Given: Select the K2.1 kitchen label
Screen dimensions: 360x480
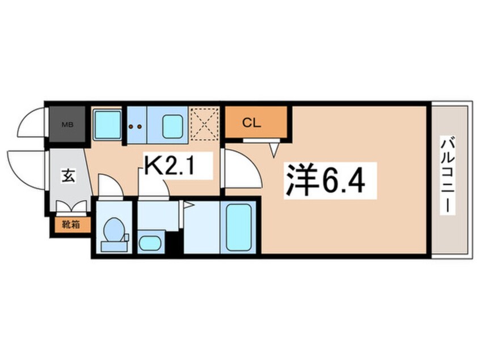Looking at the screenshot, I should click(x=171, y=166).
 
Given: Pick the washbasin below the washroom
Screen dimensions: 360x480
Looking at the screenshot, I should click(x=150, y=242).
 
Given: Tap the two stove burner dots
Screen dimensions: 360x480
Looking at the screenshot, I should click(x=136, y=127).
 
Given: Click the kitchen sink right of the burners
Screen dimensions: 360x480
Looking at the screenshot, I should click(x=172, y=125).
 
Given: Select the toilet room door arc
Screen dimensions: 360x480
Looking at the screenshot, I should click(x=110, y=186).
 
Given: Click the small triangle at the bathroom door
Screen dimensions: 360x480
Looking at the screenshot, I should click(x=188, y=205).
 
